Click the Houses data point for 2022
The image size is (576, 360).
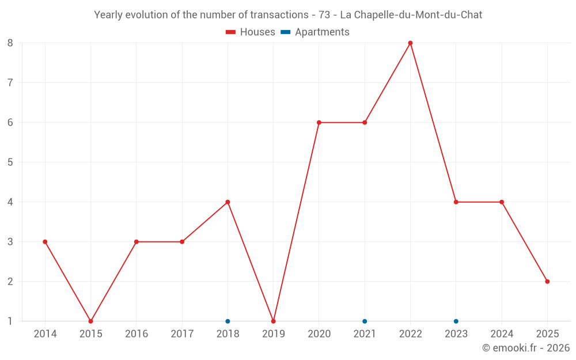click(x=410, y=43)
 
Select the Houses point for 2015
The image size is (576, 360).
click(x=90, y=321)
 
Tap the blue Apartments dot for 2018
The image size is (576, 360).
click(x=228, y=321)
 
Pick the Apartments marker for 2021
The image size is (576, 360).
click(x=365, y=321)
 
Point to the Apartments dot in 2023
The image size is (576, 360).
click(x=456, y=321)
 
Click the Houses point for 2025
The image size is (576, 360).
click(x=547, y=282)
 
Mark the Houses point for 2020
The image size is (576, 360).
click(x=319, y=123)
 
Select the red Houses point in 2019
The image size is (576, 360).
click(x=273, y=321)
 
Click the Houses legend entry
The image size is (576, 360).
click(x=251, y=32)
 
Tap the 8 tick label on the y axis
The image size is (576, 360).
click(x=10, y=43)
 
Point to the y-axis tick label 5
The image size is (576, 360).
click(x=10, y=162)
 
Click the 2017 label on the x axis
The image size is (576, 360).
click(x=182, y=334)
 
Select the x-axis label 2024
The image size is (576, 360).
click(x=502, y=334)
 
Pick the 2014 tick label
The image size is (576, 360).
click(x=45, y=334)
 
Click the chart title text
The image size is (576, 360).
click(x=288, y=15)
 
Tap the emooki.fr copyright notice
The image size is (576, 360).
click(x=526, y=348)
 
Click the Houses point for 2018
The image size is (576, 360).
click(x=228, y=202)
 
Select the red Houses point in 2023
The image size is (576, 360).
click(x=456, y=202)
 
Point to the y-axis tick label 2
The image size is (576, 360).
click(x=10, y=282)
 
